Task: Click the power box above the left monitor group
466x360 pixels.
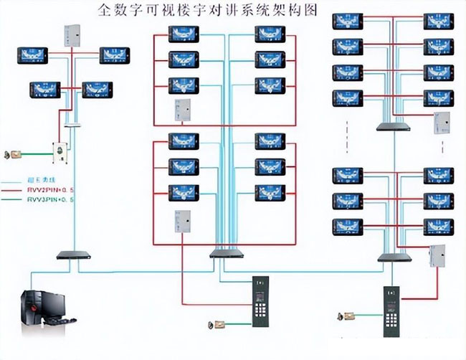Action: (72, 32)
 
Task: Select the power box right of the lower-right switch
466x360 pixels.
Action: (437, 254)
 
